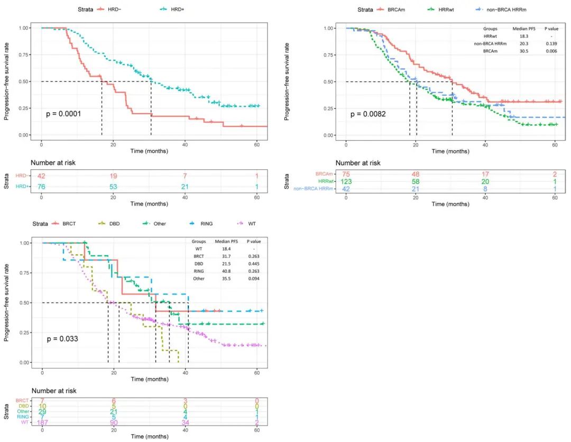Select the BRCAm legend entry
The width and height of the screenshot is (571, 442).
pos(397,10)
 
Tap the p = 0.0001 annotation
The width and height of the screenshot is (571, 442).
pos(63,114)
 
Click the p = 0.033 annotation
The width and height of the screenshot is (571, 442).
pos(62,338)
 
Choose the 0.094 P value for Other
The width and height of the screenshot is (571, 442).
pos(255,278)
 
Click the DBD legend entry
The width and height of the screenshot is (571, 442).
pos(114,224)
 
